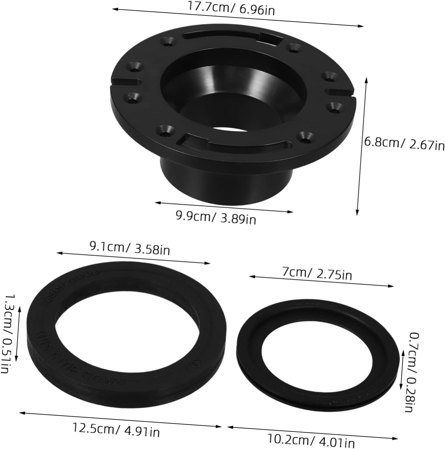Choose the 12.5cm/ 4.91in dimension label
point(116,429)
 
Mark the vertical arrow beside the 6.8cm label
point(362,146)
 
